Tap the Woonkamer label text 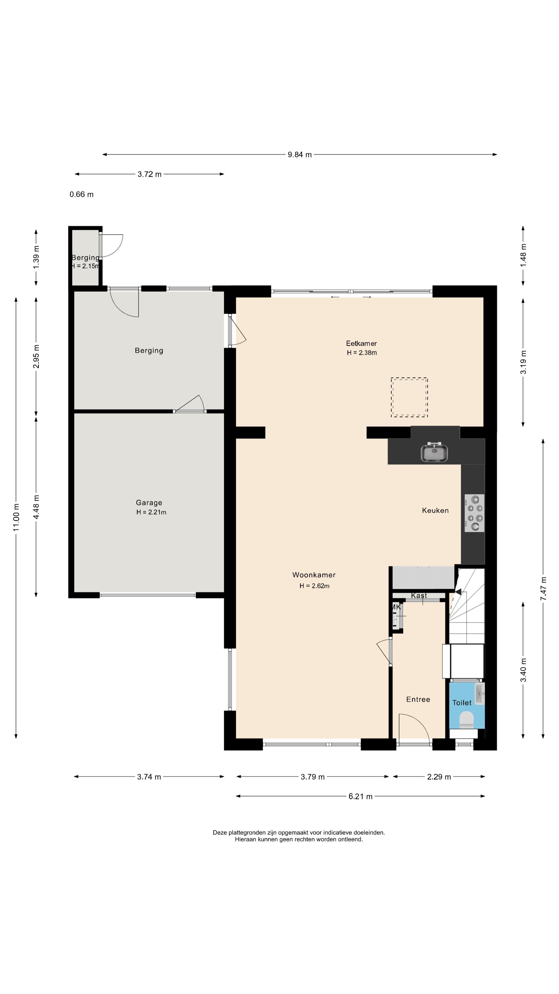[x=314, y=575]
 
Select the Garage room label [x=149, y=502]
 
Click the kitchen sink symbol [x=435, y=452]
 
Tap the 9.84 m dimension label [x=300, y=155]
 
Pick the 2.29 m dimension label [x=439, y=777]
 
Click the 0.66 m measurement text [x=82, y=194]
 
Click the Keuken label [x=435, y=510]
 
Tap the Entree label [x=418, y=699]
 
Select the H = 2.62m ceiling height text [x=314, y=586]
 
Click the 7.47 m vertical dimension [x=543, y=588]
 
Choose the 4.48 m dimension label [x=36, y=507]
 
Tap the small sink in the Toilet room [x=480, y=693]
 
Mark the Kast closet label [x=419, y=595]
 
